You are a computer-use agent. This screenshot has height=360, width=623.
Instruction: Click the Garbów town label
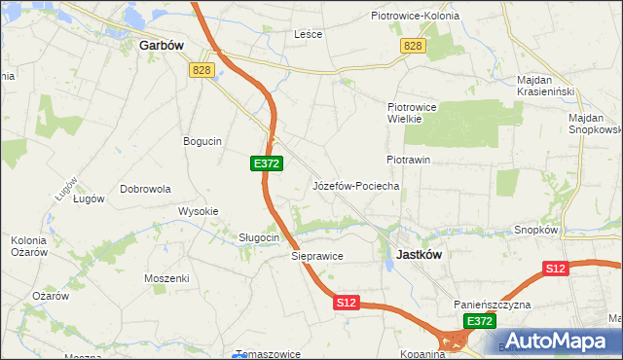click(162, 45)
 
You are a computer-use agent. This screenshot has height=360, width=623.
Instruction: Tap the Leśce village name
click(308, 33)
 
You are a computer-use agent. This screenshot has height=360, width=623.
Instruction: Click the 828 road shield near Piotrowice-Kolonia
click(413, 47)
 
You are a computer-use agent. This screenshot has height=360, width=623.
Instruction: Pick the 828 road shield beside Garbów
click(202, 69)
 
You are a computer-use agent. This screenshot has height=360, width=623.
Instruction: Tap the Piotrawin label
click(408, 159)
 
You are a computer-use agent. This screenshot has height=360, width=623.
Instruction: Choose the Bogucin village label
click(202, 141)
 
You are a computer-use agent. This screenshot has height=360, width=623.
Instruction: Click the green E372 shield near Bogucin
click(266, 163)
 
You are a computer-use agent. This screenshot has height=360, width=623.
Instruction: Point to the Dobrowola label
click(145, 189)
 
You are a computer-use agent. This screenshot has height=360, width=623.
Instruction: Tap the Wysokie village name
click(198, 211)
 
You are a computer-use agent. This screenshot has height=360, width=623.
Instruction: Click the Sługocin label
click(260, 237)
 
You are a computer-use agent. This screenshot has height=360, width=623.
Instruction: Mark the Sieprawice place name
click(317, 256)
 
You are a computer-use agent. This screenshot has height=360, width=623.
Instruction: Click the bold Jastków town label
click(420, 254)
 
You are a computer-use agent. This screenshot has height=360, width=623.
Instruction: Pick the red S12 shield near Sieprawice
click(348, 303)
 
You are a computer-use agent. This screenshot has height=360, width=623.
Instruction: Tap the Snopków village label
click(535, 231)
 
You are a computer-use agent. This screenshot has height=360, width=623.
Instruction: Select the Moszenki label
click(166, 278)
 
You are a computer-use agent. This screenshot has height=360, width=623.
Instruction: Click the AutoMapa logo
click(555, 340)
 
